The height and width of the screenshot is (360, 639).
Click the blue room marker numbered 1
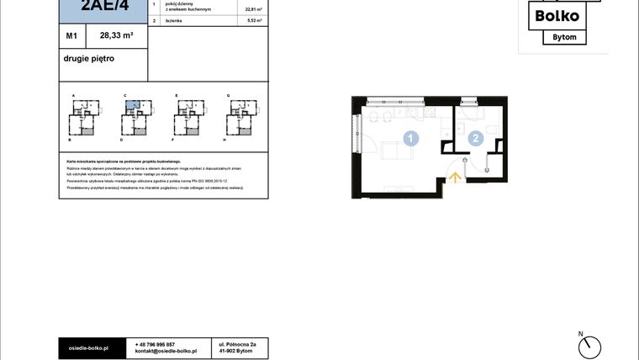point(410,139)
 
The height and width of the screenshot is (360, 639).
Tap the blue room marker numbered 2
point(476,139)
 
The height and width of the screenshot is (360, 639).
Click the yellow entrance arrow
point(455,177)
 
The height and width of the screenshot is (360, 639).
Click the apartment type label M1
point(72,36)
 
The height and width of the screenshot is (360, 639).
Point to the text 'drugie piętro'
point(88,59)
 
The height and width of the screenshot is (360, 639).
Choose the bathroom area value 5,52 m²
point(253,19)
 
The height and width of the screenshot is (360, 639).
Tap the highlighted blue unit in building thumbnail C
point(132,106)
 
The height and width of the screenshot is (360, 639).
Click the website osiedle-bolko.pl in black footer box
point(89,347)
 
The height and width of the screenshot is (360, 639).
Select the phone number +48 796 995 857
point(155,344)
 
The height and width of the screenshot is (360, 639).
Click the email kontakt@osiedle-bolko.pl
point(166,352)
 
